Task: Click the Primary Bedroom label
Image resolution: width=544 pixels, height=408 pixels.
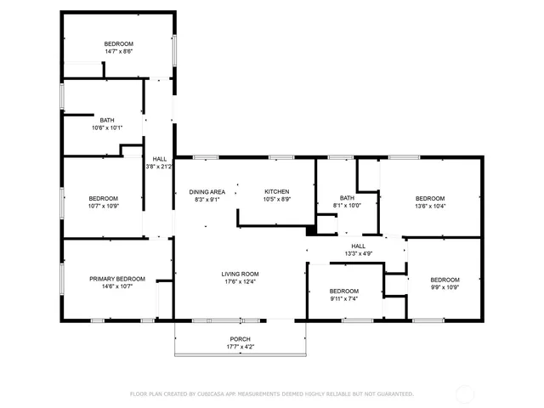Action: coord(117,279)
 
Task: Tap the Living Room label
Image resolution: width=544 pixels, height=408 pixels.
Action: coord(240,274)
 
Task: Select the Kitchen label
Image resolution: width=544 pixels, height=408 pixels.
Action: coord(277,191)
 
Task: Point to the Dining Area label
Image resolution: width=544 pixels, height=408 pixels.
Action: coord(207,191)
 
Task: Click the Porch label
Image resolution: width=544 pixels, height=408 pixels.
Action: coord(240,339)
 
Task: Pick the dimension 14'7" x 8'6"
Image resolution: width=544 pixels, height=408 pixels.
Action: coord(118,51)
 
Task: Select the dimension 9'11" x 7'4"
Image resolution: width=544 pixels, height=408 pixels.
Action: coord(344,297)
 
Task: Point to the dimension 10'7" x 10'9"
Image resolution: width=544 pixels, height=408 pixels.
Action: coord(104,206)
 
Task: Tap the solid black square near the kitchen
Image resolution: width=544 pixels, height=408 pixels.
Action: coord(311,229)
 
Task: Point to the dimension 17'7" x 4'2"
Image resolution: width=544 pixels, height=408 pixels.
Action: coord(240,347)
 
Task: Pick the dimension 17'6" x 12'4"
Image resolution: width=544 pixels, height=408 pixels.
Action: coord(240,281)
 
